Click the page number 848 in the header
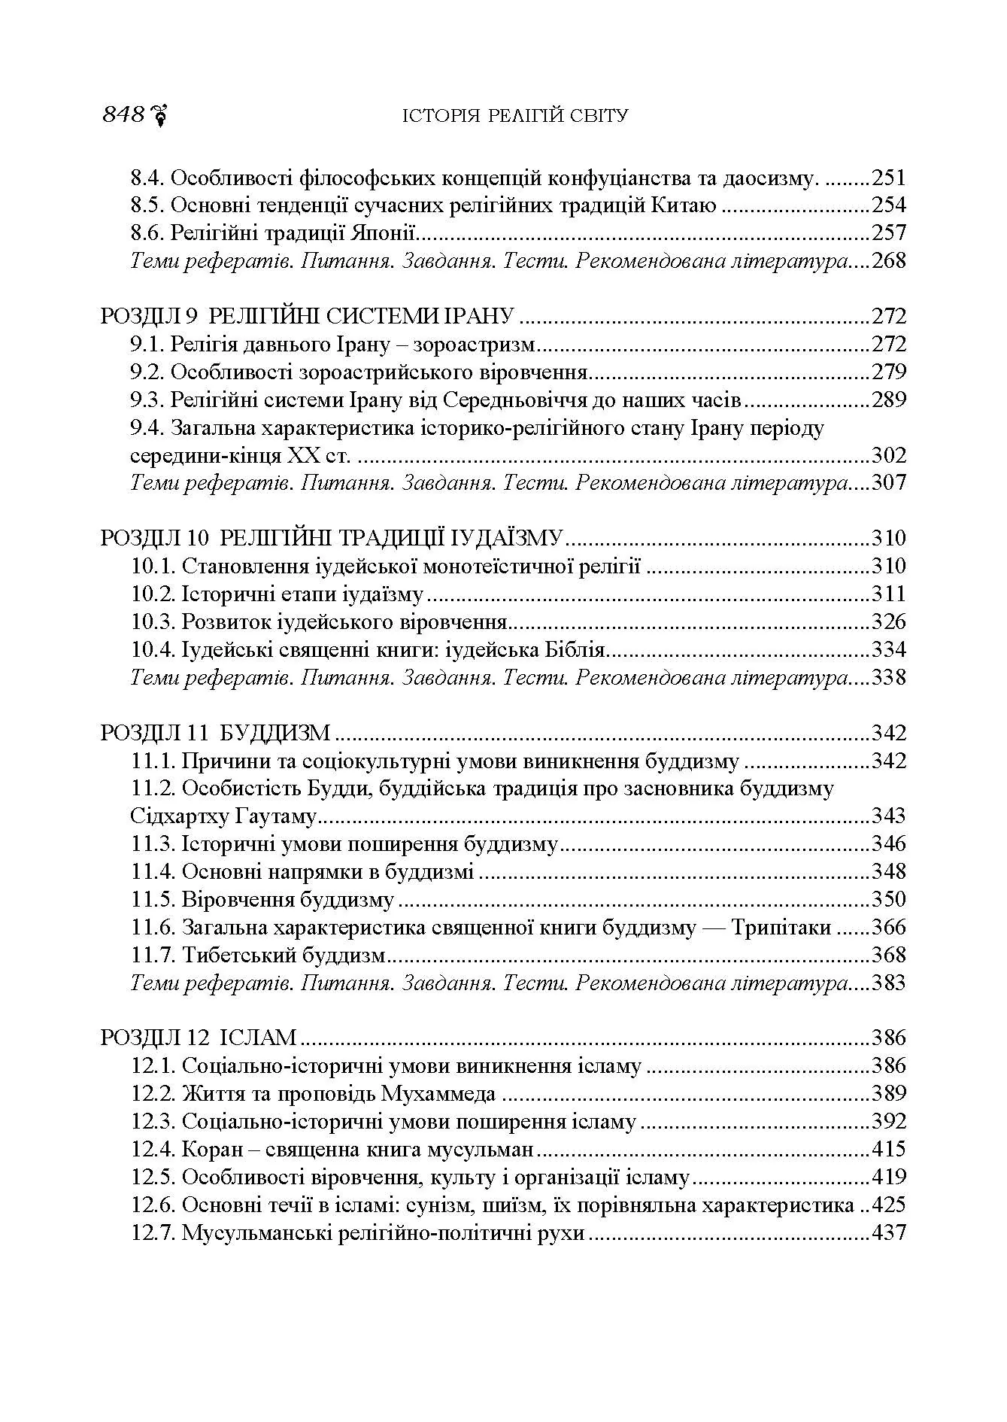point(123,115)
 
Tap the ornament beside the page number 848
point(159,115)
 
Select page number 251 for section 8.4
point(888,178)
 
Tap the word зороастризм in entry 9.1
point(477,344)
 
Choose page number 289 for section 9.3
point(888,400)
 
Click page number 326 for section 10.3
point(888,622)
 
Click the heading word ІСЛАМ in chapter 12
point(258,1038)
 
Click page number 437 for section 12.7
point(888,1233)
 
